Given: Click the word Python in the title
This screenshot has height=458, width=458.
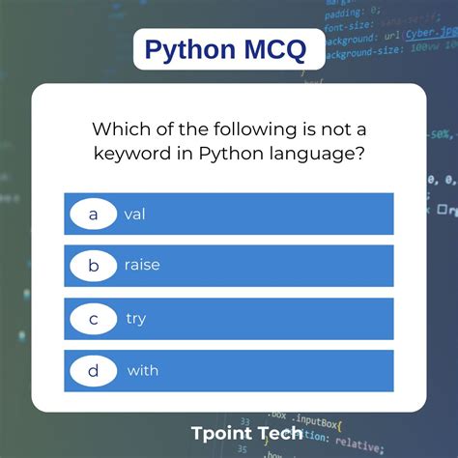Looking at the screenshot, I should (x=193, y=49).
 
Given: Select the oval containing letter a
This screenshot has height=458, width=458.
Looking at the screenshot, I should (x=93, y=214).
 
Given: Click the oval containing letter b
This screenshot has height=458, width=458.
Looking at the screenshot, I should (x=93, y=266).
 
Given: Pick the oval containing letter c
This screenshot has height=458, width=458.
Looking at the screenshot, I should (x=93, y=318).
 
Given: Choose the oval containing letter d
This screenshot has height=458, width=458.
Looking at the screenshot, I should (x=93, y=370).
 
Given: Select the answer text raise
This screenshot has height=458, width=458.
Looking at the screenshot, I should (x=142, y=266).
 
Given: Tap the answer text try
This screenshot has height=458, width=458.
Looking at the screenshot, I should (x=135, y=318).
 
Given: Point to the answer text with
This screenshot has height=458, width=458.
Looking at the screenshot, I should (x=142, y=370).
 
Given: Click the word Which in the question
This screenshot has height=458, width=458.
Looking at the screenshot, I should (x=119, y=128).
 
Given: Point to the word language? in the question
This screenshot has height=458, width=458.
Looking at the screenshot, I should (x=321, y=153).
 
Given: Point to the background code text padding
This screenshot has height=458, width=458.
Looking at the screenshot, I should (x=344, y=14).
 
